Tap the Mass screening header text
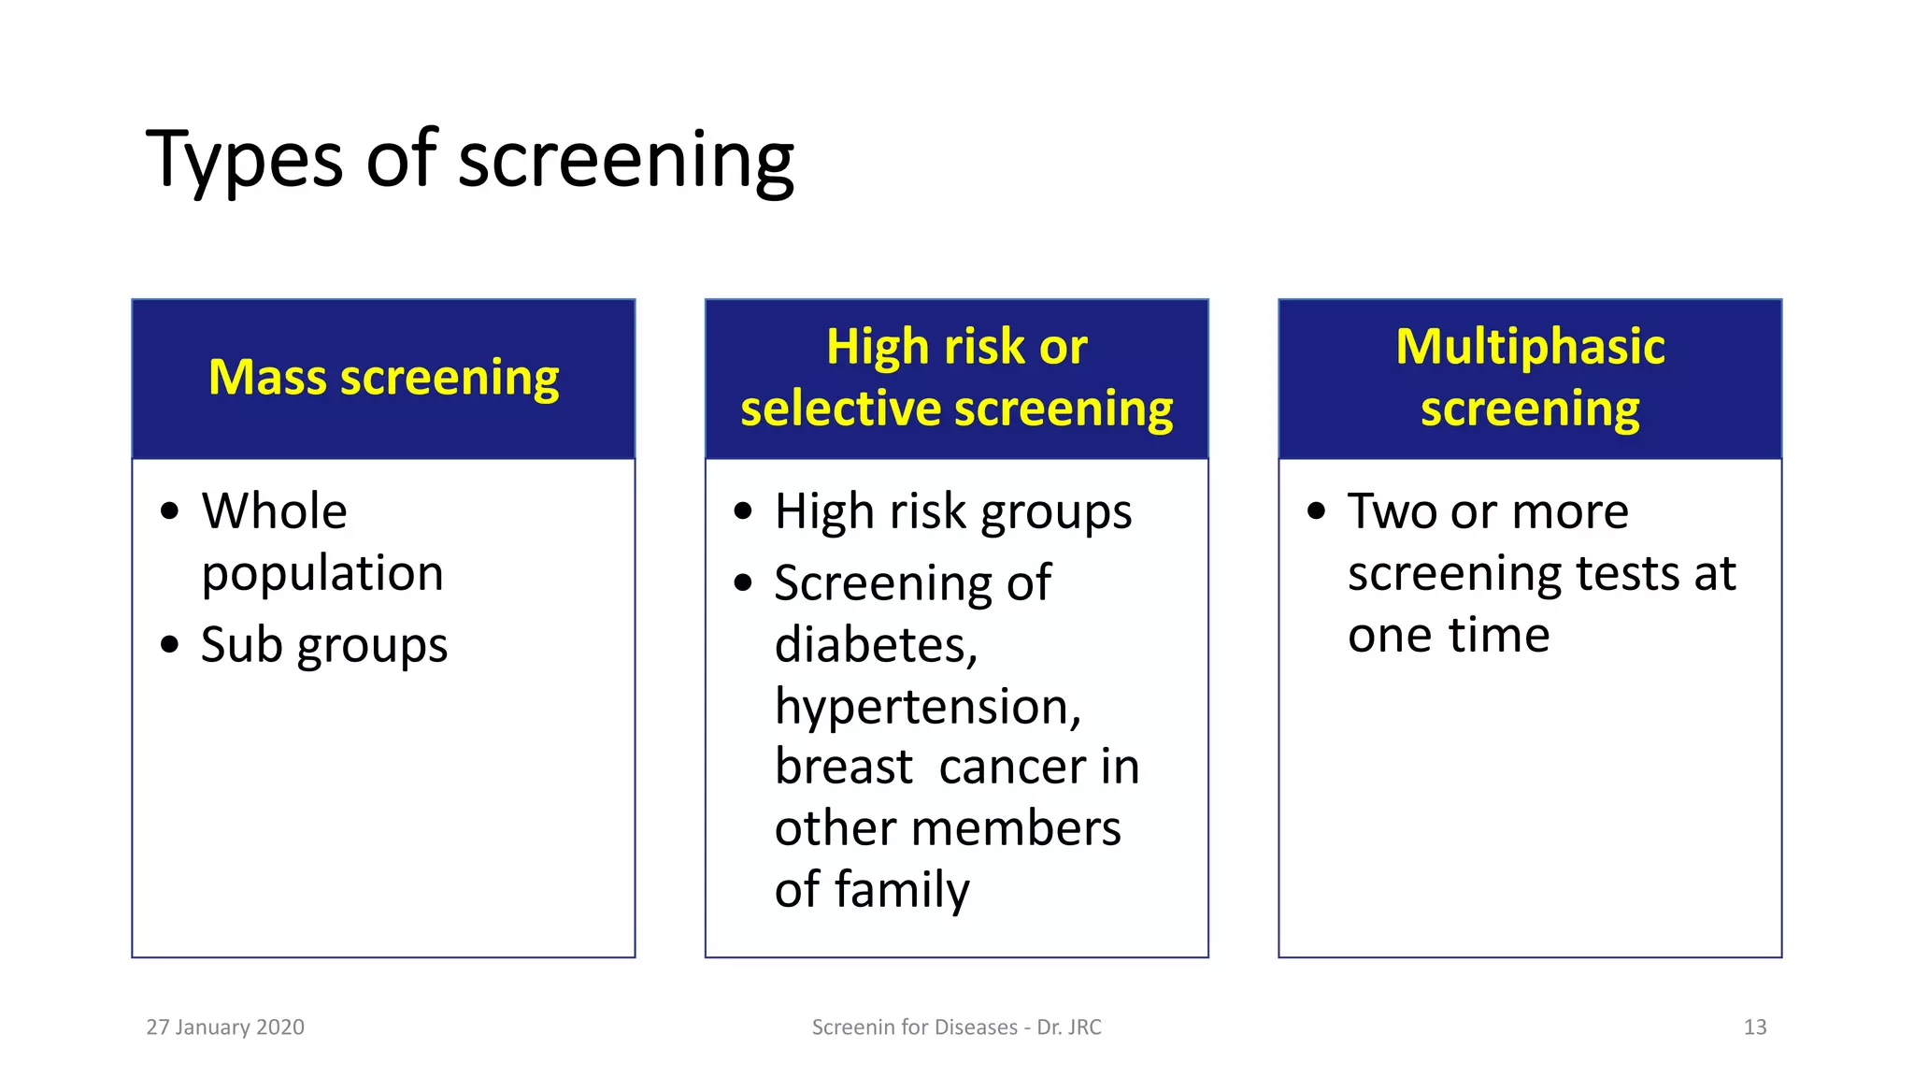coord(383,378)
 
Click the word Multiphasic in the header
coord(1530,347)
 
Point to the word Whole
coord(274,511)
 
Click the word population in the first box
coord(322,573)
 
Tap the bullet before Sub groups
coord(169,645)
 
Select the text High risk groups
coord(952,511)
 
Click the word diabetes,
coord(876,645)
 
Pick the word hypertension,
coord(927,706)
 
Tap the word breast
coord(843,767)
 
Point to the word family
coord(902,889)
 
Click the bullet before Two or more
coord(1316,511)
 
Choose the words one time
coord(1449,635)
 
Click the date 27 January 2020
coord(225,1027)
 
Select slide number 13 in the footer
coord(1754,1027)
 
